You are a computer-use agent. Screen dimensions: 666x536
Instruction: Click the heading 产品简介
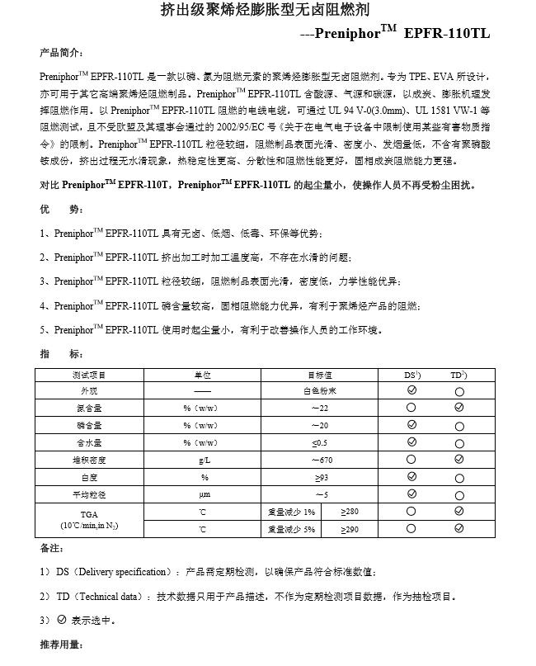(x=60, y=54)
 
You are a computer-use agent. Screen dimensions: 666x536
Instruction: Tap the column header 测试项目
(x=88, y=375)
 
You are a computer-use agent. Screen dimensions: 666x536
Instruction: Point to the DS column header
(x=412, y=375)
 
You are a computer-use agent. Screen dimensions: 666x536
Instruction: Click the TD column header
(x=458, y=375)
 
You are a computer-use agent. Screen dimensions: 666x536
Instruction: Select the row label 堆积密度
(x=88, y=460)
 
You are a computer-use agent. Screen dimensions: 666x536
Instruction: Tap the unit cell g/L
(x=205, y=460)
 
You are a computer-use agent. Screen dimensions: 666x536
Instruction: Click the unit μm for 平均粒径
(x=205, y=494)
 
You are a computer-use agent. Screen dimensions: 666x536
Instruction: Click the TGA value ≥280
(x=350, y=512)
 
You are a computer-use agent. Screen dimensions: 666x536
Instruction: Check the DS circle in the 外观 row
(x=412, y=390)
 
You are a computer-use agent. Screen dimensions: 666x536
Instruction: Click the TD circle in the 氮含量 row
(x=458, y=408)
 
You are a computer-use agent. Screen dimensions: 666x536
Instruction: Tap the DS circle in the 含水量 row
(x=412, y=442)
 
